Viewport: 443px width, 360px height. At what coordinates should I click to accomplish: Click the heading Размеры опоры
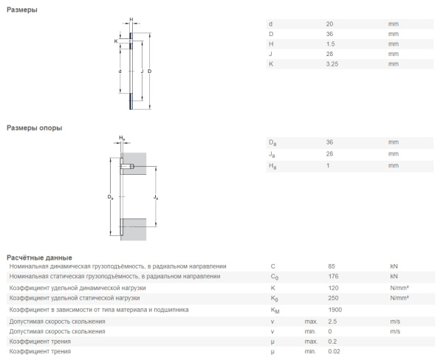[34, 128]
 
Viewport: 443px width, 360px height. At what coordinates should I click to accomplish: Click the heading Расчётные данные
[38, 257]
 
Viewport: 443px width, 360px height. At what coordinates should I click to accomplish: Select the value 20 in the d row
[329, 24]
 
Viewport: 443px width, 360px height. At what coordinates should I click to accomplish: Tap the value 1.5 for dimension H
[330, 44]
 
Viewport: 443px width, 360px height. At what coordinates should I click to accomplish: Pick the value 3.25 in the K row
[332, 63]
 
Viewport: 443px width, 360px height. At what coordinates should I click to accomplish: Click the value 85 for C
[332, 266]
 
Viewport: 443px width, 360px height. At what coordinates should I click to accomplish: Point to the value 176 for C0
[333, 277]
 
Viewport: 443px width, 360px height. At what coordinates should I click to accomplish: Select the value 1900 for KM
[335, 310]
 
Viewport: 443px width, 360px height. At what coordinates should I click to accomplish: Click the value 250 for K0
[334, 298]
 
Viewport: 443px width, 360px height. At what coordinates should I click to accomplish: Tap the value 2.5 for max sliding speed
[332, 321]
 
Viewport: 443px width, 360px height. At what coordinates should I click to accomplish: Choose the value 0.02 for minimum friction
[334, 352]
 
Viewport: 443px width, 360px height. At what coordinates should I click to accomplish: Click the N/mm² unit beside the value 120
[399, 287]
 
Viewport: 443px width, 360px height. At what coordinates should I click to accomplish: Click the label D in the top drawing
[150, 71]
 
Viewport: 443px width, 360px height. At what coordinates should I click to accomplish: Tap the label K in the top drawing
[116, 41]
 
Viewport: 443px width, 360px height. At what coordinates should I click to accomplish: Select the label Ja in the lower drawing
[154, 197]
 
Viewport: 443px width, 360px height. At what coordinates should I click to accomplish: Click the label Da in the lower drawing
[110, 197]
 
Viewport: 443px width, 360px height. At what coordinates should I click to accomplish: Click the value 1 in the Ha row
[328, 166]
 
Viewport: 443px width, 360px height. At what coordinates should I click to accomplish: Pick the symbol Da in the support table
[272, 142]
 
